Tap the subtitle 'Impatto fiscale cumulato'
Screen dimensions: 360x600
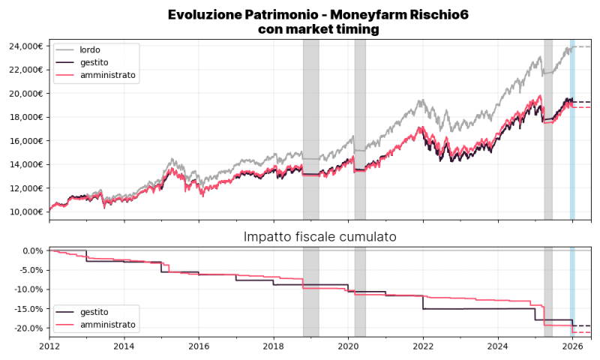click(x=320, y=237)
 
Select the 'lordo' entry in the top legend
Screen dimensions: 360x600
click(x=90, y=50)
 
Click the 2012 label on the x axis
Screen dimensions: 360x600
click(x=49, y=346)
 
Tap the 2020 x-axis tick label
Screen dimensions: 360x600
click(x=348, y=346)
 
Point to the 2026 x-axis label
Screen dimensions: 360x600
click(x=572, y=346)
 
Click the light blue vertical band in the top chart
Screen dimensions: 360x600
click(x=572, y=127)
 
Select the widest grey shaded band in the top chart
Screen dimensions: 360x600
click(x=310, y=127)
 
